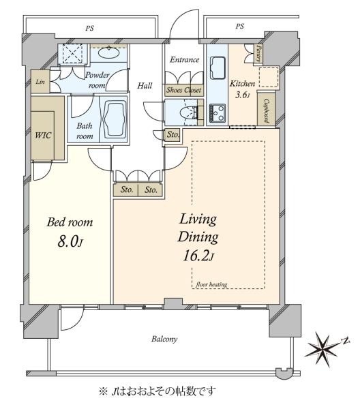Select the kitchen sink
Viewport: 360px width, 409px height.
(x=217, y=67)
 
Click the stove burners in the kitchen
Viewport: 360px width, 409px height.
(x=217, y=112)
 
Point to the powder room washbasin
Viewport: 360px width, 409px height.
(x=109, y=52)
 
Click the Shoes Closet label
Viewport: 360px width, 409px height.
(x=184, y=90)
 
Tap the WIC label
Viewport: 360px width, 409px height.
(x=43, y=135)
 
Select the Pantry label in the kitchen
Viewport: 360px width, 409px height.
(x=258, y=53)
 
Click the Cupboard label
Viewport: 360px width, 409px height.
(x=266, y=110)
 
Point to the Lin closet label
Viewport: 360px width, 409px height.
(x=40, y=82)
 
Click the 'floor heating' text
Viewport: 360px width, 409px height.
(x=211, y=284)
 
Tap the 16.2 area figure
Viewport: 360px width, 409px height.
(x=198, y=256)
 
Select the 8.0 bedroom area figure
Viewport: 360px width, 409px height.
(x=70, y=241)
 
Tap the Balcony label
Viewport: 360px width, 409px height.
(x=164, y=339)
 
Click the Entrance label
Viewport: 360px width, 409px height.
(x=185, y=60)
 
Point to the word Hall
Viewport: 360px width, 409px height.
(x=145, y=86)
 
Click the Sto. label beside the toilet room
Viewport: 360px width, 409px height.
(x=173, y=134)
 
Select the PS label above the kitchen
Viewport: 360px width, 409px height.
(x=240, y=27)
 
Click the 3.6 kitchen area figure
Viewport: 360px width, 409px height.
(x=243, y=95)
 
